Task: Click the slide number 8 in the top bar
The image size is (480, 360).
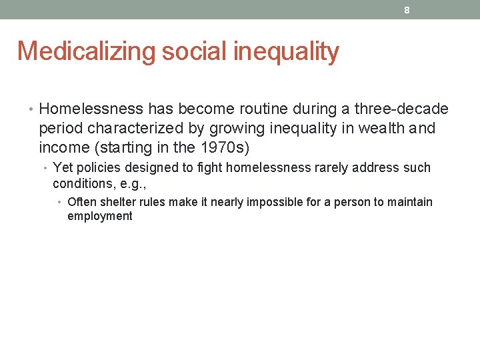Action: pyautogui.click(x=406, y=10)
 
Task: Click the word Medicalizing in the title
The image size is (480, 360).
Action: pyautogui.click(x=86, y=51)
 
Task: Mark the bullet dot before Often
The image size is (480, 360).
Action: pyautogui.click(x=61, y=202)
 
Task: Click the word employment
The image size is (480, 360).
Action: pyautogui.click(x=100, y=216)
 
